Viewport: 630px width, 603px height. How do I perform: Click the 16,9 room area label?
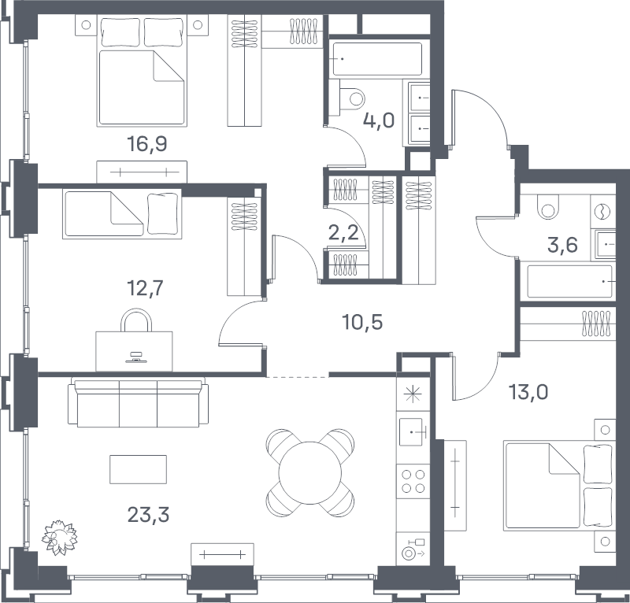(x=146, y=143)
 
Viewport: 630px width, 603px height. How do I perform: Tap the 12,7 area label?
(x=145, y=287)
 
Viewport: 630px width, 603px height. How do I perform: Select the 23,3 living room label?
(x=148, y=514)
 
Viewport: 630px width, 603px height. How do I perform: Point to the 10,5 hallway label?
(x=362, y=322)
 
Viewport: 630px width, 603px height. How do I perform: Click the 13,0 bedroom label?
(x=528, y=392)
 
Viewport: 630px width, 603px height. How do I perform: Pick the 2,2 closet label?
(x=343, y=232)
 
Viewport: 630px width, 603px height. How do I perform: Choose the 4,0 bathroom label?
(x=379, y=120)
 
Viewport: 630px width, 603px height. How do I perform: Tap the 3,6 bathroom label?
(x=562, y=245)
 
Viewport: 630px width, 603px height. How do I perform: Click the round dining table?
(x=310, y=472)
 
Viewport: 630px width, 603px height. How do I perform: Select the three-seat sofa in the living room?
(x=139, y=402)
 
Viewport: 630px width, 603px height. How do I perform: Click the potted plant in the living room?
(x=60, y=537)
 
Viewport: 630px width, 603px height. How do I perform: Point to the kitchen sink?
(x=411, y=432)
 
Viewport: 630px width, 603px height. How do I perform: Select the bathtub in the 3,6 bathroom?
(x=569, y=282)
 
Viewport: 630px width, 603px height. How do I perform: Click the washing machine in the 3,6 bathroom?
(x=603, y=212)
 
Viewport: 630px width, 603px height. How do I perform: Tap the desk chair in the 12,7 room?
(x=136, y=320)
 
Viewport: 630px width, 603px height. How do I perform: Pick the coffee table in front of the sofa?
(x=139, y=469)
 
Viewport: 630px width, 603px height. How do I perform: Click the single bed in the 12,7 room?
(x=122, y=213)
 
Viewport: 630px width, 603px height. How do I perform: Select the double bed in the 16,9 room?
(x=142, y=71)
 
